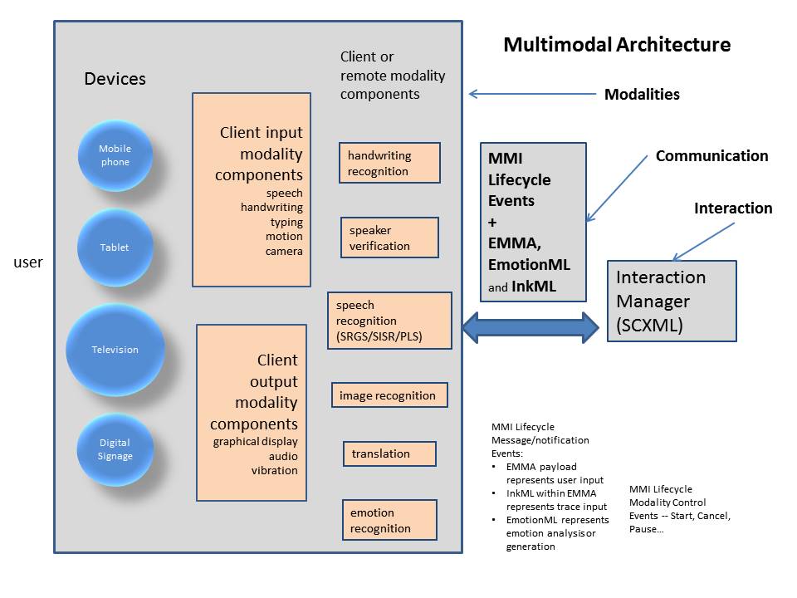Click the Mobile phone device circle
(x=115, y=155)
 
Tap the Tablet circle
(x=115, y=247)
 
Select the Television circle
(x=115, y=350)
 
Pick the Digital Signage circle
(x=115, y=449)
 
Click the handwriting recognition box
(x=389, y=163)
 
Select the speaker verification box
(x=389, y=238)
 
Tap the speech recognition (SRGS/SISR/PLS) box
(x=389, y=321)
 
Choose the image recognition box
(x=389, y=395)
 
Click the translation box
(x=389, y=453)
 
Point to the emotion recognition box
(x=389, y=520)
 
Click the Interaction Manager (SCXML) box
(x=672, y=301)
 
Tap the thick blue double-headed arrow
(x=531, y=327)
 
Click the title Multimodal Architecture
(x=617, y=45)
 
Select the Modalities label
(x=642, y=95)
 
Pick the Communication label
(x=711, y=156)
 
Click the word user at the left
(x=28, y=262)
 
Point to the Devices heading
(x=115, y=79)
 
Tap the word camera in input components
(x=284, y=251)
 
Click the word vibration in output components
(x=274, y=470)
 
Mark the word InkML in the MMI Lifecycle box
(x=533, y=287)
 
